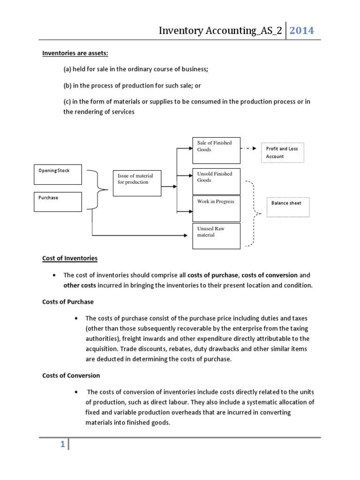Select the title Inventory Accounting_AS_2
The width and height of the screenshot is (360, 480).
pyautogui.click(x=220, y=31)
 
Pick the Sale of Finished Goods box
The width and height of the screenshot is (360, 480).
pyautogui.click(x=216, y=151)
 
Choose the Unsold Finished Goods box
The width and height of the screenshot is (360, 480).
pyautogui.click(x=216, y=181)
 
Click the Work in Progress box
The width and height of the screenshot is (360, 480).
pyautogui.click(x=216, y=209)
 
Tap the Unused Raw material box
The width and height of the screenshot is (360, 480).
pyautogui.click(x=216, y=236)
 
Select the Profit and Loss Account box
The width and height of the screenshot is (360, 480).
pyautogui.click(x=282, y=152)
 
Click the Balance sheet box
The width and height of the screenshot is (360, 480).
pyautogui.click(x=288, y=206)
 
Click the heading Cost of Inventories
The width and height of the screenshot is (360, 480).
pyautogui.click(x=70, y=258)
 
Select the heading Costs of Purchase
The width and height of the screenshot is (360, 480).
pyautogui.click(x=67, y=302)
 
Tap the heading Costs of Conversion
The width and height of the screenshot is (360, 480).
pyautogui.click(x=71, y=375)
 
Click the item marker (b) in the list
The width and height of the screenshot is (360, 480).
pyautogui.click(x=68, y=86)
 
